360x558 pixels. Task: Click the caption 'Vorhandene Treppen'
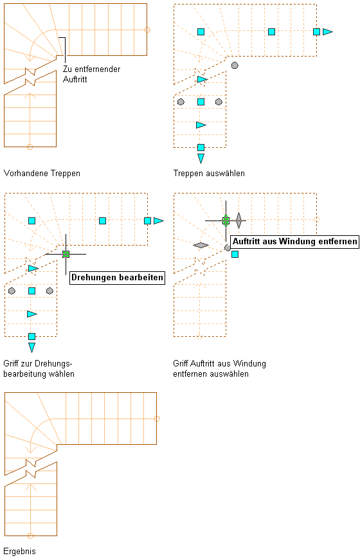42,174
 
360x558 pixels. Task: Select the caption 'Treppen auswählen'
209,174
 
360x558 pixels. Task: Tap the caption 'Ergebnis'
19,551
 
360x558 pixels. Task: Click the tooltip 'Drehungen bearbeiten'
118,278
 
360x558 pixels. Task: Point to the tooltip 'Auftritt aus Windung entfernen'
295,242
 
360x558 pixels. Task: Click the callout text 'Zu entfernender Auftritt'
91,74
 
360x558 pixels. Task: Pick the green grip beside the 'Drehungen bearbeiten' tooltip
66,254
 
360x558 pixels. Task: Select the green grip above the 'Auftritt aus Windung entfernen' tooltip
226,221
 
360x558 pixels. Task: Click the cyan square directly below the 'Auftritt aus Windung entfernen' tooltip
235,254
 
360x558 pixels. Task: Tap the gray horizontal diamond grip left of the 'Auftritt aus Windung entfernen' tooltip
201,245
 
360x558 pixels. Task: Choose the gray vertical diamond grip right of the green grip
239,221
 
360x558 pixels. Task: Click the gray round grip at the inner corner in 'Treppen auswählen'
235,65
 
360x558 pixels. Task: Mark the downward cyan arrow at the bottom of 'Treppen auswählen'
201,158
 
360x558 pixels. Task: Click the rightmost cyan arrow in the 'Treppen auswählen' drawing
328,32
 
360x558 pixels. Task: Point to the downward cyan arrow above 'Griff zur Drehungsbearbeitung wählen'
32,347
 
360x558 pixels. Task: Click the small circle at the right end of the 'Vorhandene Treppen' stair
147,30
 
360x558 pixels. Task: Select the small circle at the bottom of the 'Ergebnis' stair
31,535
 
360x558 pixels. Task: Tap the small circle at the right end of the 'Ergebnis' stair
157,419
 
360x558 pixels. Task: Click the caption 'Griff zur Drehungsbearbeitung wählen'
39,369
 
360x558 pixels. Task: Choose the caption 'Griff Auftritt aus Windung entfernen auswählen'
219,369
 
